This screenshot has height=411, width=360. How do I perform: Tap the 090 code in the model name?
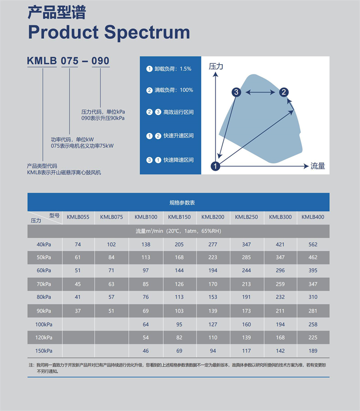[x=100, y=61]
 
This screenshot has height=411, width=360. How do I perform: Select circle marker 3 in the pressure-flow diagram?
[x=236, y=92]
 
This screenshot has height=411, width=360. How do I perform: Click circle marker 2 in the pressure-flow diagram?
[x=284, y=92]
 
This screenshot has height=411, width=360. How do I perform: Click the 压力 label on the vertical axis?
[x=216, y=67]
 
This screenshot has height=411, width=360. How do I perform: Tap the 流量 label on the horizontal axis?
[x=318, y=166]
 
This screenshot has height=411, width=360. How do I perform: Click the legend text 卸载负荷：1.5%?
[x=173, y=69]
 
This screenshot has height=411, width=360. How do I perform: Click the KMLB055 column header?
[x=78, y=217]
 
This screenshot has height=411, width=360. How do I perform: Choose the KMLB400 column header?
[x=313, y=217]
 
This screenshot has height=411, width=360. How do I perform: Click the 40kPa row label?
[x=44, y=245]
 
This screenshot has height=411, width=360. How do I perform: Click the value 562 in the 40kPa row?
[x=313, y=245]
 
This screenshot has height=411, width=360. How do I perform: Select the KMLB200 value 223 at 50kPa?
[x=213, y=258]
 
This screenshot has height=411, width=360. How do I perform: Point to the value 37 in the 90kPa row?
[x=78, y=311]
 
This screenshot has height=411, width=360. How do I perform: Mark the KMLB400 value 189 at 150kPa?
[x=313, y=351]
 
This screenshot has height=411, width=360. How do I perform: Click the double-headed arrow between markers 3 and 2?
[x=260, y=92]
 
